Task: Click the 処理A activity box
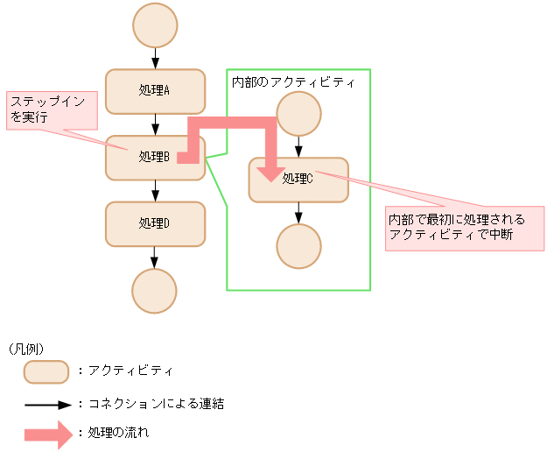pyautogui.click(x=155, y=91)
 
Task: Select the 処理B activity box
pyautogui.click(x=140, y=158)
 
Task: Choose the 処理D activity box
pyautogui.click(x=155, y=223)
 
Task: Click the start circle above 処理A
pyautogui.click(x=155, y=27)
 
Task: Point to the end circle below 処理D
pyautogui.click(x=155, y=291)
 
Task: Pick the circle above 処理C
pyautogui.click(x=298, y=114)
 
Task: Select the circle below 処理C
pyautogui.click(x=298, y=246)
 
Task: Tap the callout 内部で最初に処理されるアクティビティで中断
pyautogui.click(x=464, y=228)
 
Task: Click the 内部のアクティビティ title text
pyautogui.click(x=292, y=82)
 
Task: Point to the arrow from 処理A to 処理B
pyautogui.click(x=155, y=124)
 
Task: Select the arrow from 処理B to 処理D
pyautogui.click(x=155, y=191)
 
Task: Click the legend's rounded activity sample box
pyautogui.click(x=46, y=372)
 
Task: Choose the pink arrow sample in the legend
pyautogui.click(x=48, y=434)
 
